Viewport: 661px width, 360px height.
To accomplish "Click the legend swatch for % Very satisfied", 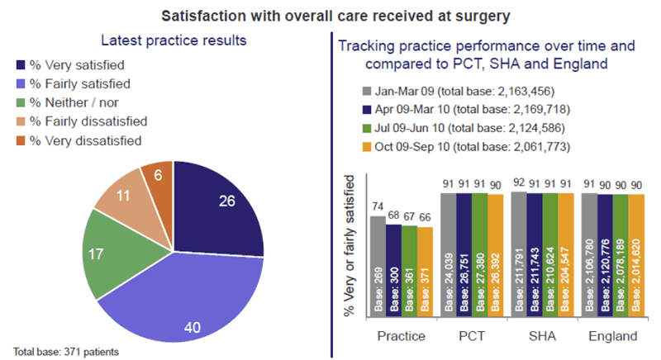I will click(x=20, y=65).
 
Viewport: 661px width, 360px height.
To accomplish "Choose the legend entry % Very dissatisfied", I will click(x=78, y=141).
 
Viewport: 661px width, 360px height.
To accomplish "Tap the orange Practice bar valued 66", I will click(x=425, y=272).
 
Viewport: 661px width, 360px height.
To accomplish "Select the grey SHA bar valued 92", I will click(x=519, y=256).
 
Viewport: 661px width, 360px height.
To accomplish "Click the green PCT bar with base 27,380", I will click(x=480, y=257).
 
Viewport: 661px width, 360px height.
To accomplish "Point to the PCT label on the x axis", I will click(x=472, y=337).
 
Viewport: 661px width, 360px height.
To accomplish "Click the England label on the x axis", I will click(x=613, y=337).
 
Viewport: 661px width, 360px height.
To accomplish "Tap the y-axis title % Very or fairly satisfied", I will click(x=350, y=247).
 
